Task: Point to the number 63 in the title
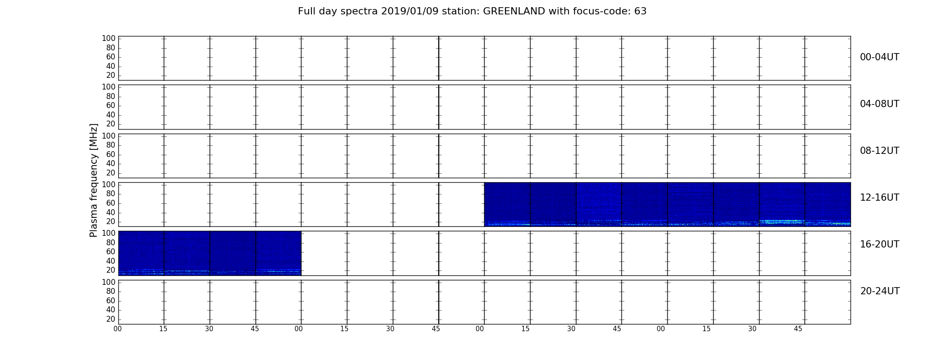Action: pos(640,11)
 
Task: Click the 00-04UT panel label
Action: pos(879,57)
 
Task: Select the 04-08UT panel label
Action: pos(879,104)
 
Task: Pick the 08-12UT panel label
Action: pos(879,151)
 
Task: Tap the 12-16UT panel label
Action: pos(879,198)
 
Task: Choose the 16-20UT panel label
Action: pos(879,244)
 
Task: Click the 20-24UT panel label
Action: pos(880,291)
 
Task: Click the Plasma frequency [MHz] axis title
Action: pos(94,180)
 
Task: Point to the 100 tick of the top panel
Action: pos(108,39)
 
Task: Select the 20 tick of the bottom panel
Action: pos(111,319)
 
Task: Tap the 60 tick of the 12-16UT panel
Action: pos(111,203)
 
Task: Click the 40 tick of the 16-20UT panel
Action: pos(111,261)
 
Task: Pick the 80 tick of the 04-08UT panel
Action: pos(111,96)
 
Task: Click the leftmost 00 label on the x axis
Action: pos(117,329)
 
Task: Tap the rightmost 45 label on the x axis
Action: pos(798,329)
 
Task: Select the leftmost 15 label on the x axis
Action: pos(163,329)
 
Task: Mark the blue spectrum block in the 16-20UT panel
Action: pos(210,253)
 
